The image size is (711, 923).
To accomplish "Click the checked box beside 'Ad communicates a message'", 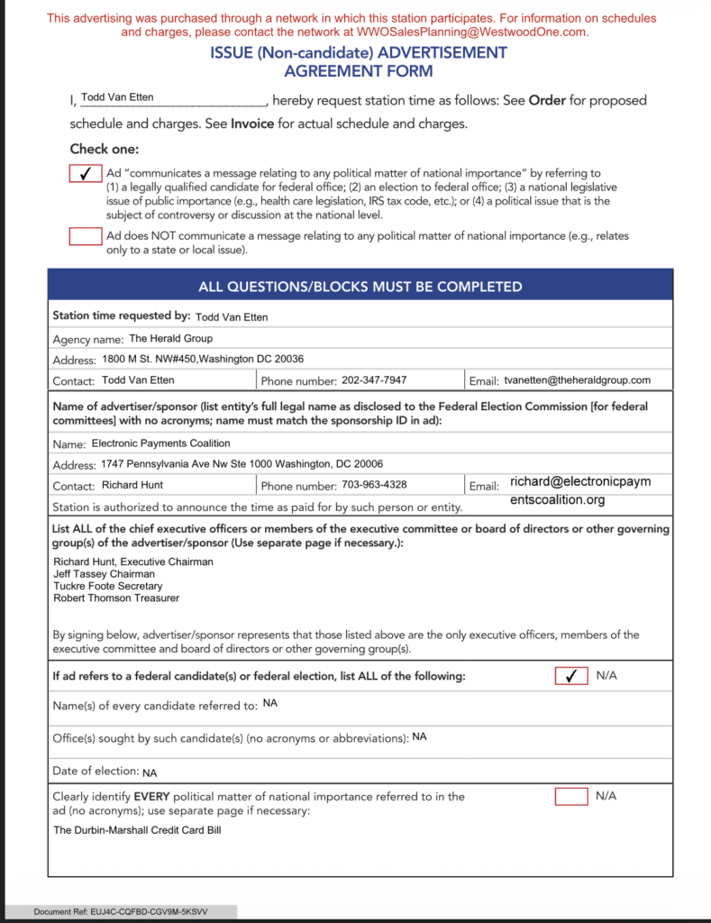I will click(86, 173).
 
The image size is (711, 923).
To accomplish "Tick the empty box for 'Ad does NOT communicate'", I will click(86, 236).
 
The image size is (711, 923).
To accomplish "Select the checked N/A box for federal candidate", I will click(570, 676).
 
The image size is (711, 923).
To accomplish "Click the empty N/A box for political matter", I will click(570, 797).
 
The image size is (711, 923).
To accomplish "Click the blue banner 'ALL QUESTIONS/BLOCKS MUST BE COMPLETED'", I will click(360, 287).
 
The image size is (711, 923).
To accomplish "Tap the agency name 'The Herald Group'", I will click(171, 339).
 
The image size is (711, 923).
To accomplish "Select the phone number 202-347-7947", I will click(374, 380).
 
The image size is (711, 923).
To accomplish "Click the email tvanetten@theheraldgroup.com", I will click(577, 380).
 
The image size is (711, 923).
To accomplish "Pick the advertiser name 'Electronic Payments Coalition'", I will click(161, 443).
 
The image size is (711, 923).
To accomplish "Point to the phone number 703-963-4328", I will click(374, 485).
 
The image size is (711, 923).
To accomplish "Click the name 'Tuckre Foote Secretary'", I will click(109, 586).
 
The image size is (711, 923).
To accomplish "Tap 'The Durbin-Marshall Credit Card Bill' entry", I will click(137, 830).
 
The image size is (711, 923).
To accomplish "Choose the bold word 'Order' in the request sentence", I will click(547, 100).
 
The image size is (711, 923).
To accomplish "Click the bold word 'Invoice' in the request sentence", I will click(252, 124).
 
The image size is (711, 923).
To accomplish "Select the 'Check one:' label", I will click(105, 150).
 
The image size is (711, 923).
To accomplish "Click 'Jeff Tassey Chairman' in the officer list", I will click(104, 574).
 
